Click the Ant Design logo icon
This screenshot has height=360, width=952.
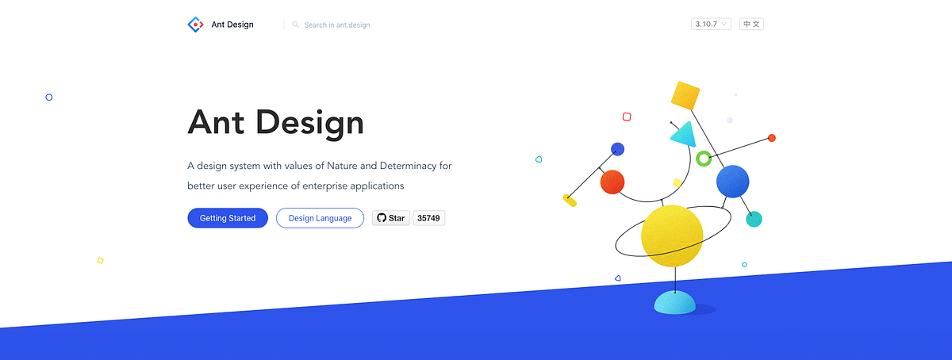(x=195, y=25)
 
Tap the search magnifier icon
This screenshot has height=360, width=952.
(x=296, y=25)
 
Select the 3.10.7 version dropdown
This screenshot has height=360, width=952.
(x=711, y=25)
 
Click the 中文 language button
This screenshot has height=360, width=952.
(x=751, y=25)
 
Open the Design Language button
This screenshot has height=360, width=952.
(x=320, y=218)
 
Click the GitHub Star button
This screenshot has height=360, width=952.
(x=391, y=218)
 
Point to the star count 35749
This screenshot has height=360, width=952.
(x=429, y=218)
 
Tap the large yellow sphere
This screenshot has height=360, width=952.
(x=672, y=236)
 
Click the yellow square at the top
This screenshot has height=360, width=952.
(x=685, y=95)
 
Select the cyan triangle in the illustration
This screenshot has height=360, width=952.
(x=684, y=135)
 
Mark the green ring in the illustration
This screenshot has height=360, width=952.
(x=703, y=159)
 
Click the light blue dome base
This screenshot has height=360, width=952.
(x=674, y=302)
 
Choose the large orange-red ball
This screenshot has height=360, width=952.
(x=612, y=182)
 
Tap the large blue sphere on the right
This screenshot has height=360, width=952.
(x=733, y=182)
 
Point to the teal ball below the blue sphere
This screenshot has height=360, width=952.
(x=754, y=219)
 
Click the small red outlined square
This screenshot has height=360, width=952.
(x=627, y=117)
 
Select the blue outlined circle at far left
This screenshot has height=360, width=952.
(x=49, y=98)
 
